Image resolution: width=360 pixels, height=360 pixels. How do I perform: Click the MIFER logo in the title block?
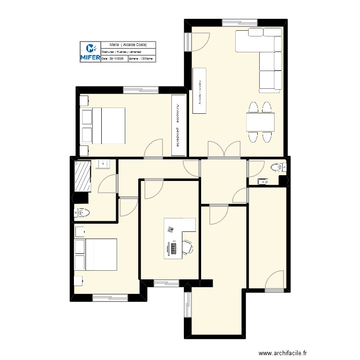pyautogui.click(x=90, y=51)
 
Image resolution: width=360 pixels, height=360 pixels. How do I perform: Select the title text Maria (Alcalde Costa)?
pyautogui.click(x=128, y=45)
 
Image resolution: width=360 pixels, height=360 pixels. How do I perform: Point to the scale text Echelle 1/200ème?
pyautogui.click(x=141, y=59)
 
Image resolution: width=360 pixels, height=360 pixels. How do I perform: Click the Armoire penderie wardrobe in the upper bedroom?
pyautogui.click(x=179, y=125)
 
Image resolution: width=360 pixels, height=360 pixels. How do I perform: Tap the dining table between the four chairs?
pyautogui.click(x=260, y=122)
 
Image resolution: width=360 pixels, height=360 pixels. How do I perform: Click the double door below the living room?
pyautogui.click(x=224, y=151)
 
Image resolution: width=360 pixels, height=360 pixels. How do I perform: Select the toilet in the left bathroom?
pyautogui.click(x=83, y=212)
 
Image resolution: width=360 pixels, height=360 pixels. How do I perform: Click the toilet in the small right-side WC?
pyautogui.click(x=277, y=167)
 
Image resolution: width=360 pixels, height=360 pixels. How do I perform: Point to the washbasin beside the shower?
pyautogui.click(x=103, y=164)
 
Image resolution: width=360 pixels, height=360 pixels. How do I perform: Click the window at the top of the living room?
pyautogui.click(x=240, y=22)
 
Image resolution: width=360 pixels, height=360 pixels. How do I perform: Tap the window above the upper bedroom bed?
pyautogui.click(x=141, y=90)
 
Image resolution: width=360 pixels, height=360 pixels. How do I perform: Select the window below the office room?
pyautogui.click(x=165, y=283)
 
